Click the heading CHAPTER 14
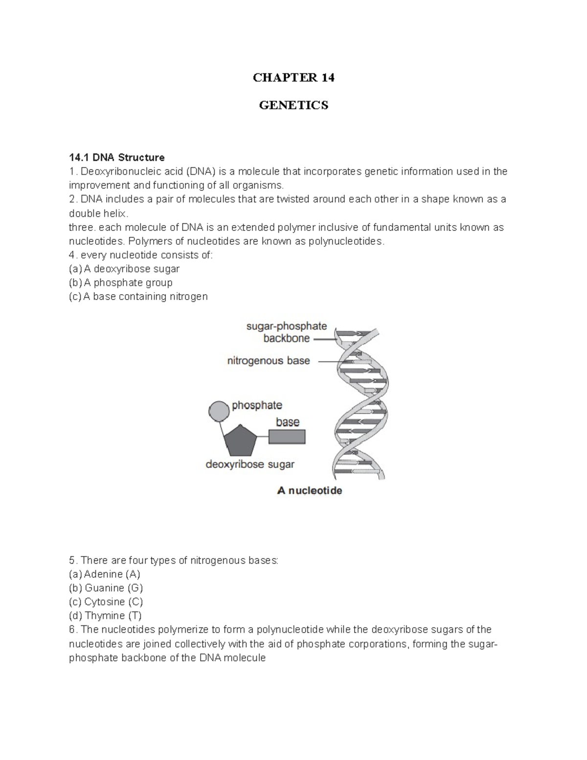click(x=293, y=78)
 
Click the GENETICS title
click(x=293, y=105)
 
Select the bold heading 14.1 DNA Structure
click(x=117, y=158)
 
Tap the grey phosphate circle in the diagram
click(x=219, y=411)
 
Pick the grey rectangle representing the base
click(x=287, y=437)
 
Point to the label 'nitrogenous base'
click(x=269, y=361)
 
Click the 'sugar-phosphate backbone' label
click(x=286, y=332)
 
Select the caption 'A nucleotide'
click(x=310, y=491)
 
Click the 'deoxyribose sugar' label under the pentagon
click(x=250, y=464)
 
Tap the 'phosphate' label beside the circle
click(x=257, y=405)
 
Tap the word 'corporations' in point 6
click(x=376, y=644)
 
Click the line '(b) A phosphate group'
click(x=121, y=283)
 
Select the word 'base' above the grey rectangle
click(x=288, y=422)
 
